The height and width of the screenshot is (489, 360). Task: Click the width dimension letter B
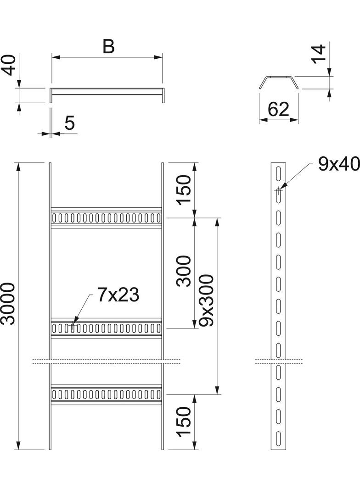point(108,46)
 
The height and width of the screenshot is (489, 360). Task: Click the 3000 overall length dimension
point(8,304)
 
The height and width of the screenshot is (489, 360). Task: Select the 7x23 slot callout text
point(118,295)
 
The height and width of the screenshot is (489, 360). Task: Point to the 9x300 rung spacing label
point(207,300)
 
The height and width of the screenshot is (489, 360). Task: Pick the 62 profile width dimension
point(278,110)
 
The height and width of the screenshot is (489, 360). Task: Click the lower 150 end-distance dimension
point(184,422)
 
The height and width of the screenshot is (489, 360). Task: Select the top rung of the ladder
point(106,217)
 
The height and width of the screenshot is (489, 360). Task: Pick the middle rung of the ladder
point(106,328)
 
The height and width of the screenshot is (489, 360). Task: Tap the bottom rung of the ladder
point(106,394)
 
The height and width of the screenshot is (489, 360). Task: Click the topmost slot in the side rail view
point(278,173)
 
